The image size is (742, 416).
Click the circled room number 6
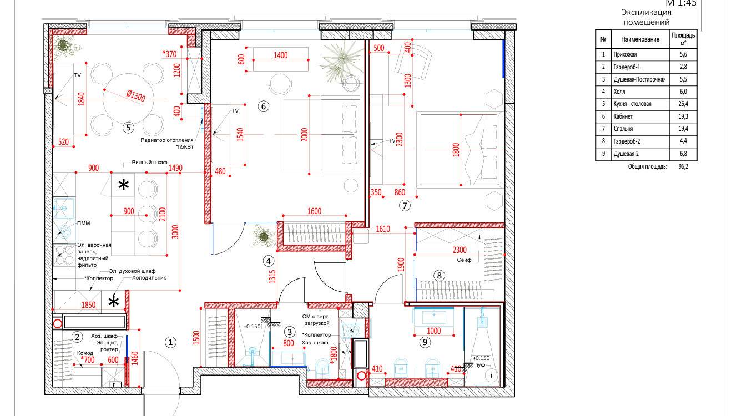(x=264, y=106)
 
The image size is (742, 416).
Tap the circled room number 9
(x=425, y=342)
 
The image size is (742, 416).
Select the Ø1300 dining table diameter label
(x=136, y=95)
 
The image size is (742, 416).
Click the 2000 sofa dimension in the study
(x=305, y=135)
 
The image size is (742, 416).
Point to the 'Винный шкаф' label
(x=149, y=163)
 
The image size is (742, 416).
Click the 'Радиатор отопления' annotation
(x=167, y=140)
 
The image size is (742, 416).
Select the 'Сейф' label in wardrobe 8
(x=464, y=260)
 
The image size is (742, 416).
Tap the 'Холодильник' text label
(x=149, y=278)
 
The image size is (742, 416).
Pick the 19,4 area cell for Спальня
(x=683, y=129)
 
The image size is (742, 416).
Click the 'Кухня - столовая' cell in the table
(x=632, y=104)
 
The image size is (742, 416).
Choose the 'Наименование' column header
(x=640, y=39)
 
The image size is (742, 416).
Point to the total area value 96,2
(x=683, y=166)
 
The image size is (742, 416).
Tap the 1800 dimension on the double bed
(x=456, y=150)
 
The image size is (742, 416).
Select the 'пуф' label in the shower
(x=480, y=365)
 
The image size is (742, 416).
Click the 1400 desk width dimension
(x=281, y=55)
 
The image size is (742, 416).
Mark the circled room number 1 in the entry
(x=170, y=342)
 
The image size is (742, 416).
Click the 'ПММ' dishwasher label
(x=83, y=224)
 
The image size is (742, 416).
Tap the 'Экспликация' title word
(x=647, y=12)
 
